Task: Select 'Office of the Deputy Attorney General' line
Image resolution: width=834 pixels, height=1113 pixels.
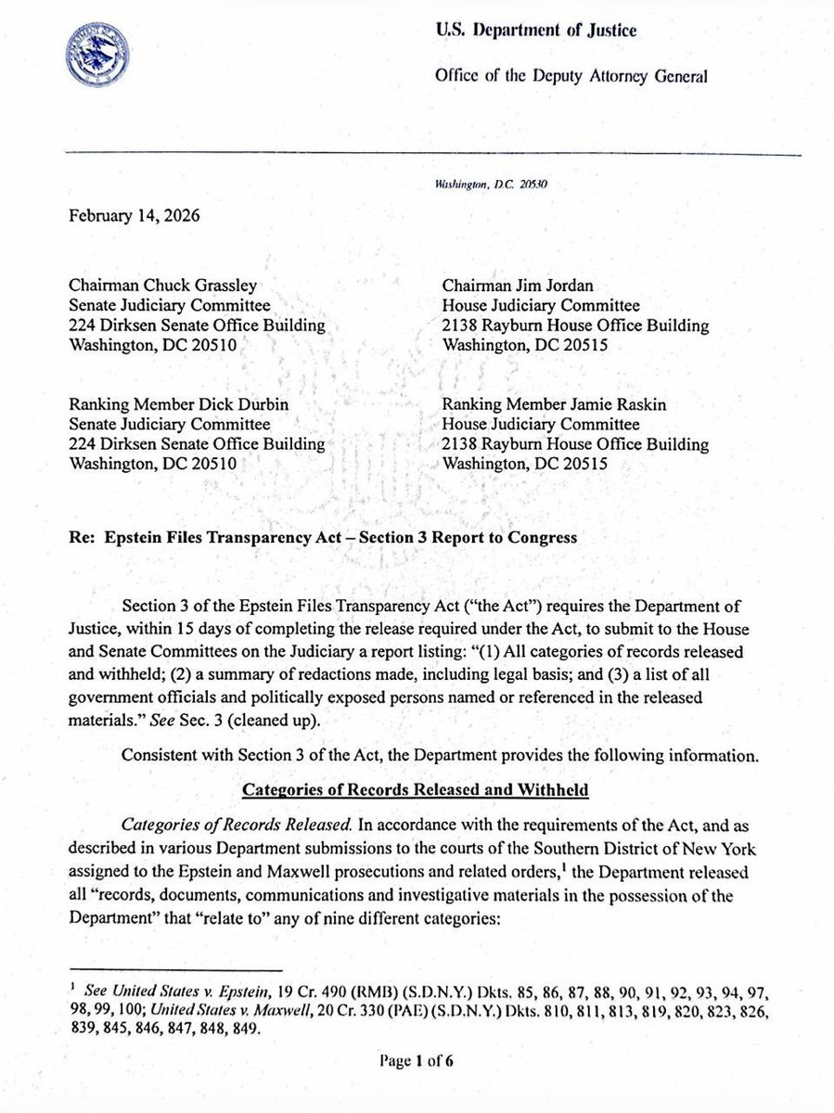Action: tap(570, 77)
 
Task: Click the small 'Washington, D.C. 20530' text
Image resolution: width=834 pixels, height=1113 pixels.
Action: tap(492, 185)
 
